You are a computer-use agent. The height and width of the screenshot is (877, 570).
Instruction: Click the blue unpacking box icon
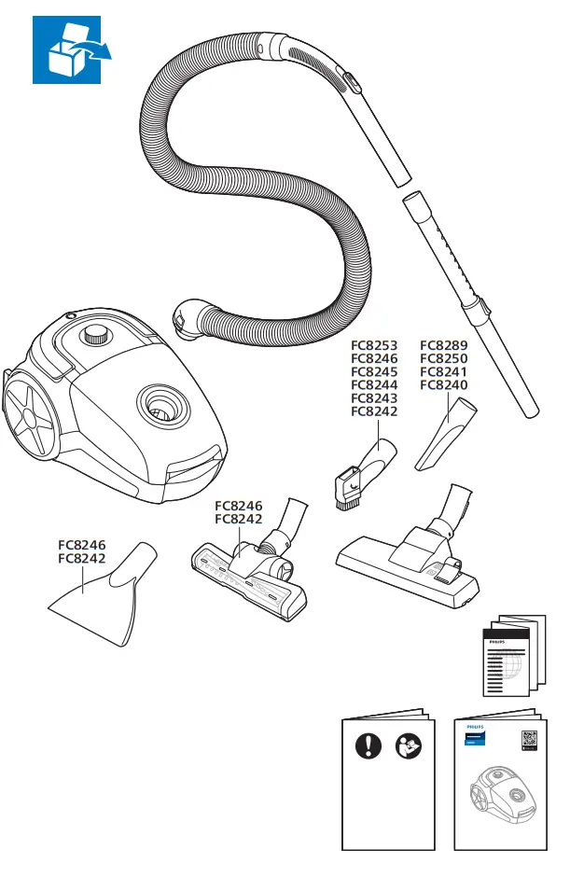coord(72,49)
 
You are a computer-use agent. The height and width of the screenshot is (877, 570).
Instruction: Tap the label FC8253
coord(374,345)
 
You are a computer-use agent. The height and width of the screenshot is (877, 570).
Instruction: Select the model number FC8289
coord(443,345)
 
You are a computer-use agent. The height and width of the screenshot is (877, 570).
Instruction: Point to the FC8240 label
coord(443,384)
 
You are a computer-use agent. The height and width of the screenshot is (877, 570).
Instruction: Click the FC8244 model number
coord(374,384)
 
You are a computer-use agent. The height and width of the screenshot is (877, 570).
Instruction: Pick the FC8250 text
coord(443,358)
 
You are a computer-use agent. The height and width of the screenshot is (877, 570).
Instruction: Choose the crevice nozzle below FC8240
coord(447,435)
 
